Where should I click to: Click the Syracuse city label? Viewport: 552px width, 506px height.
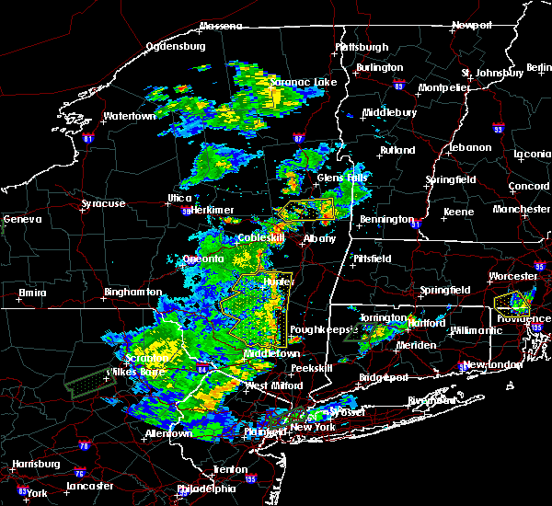pyautogui.click(x=103, y=203)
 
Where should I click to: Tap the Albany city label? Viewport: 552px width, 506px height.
pyautogui.click(x=320, y=238)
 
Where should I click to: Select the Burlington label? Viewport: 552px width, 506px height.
pyautogui.click(x=381, y=67)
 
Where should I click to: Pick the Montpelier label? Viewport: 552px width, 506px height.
pyautogui.click(x=444, y=87)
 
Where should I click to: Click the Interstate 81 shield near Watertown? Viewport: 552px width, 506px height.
pyautogui.click(x=88, y=139)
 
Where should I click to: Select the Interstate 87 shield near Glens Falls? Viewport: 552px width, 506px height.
pyautogui.click(x=298, y=139)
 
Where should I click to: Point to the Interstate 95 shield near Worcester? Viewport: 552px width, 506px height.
pyautogui.click(x=540, y=267)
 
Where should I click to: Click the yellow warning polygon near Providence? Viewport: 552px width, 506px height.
pyautogui.click(x=512, y=300)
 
